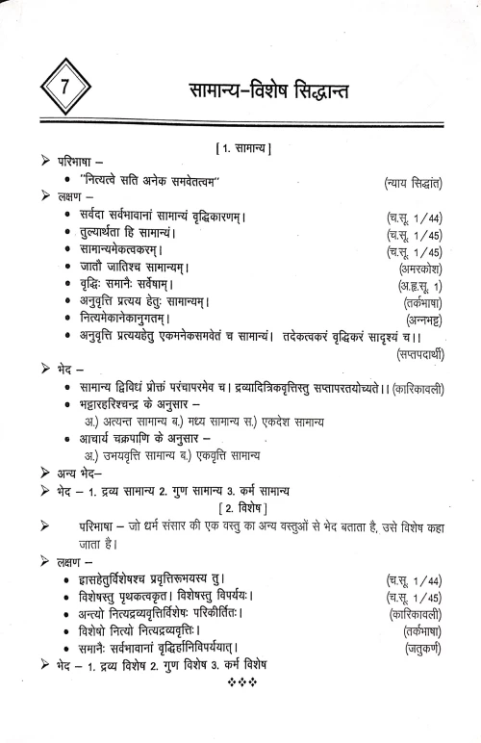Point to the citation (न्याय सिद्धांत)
408,182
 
